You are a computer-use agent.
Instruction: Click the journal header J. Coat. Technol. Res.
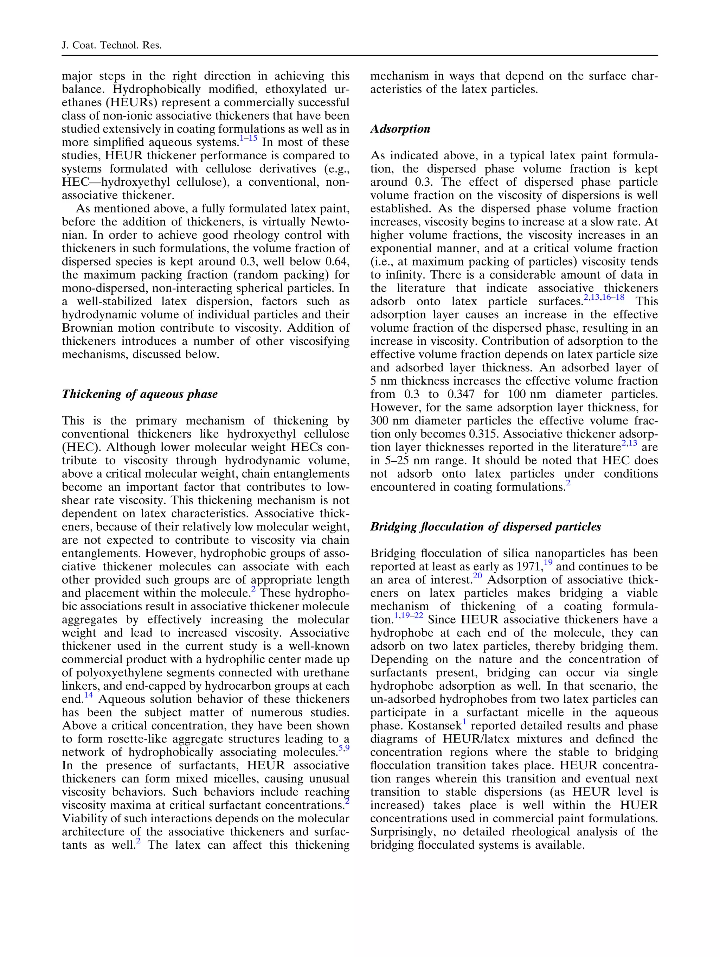tap(111, 45)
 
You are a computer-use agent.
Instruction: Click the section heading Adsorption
tap(400, 129)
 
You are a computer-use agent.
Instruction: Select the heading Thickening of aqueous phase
tap(139, 394)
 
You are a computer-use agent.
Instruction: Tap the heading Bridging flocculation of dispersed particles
tap(485, 527)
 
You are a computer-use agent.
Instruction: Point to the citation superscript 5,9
tap(344, 748)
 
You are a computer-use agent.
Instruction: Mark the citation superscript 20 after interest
tap(477, 576)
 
